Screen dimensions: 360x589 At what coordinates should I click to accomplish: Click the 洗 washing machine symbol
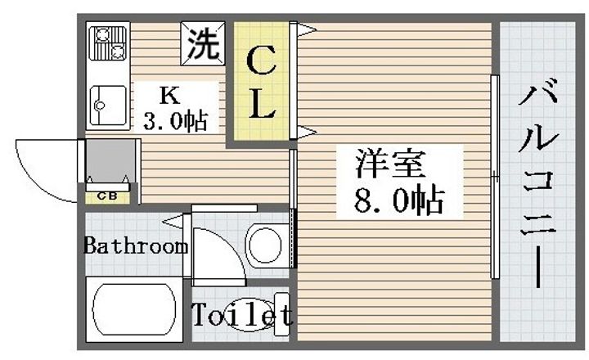(201, 43)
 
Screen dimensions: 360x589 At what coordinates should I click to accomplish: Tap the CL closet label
(259, 81)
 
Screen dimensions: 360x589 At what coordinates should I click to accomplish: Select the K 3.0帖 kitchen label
(173, 107)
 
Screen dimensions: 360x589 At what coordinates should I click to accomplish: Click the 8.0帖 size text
(398, 200)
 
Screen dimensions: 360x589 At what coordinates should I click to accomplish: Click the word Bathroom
(136, 245)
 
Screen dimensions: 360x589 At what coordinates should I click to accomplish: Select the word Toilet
(241, 315)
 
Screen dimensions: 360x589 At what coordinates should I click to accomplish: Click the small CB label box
(106, 196)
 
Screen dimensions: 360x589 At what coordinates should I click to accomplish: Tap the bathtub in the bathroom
(133, 308)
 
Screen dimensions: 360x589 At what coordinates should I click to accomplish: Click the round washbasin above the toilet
(265, 243)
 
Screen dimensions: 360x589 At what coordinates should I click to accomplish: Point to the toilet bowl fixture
(254, 314)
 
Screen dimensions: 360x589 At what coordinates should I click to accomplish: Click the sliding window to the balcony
(494, 176)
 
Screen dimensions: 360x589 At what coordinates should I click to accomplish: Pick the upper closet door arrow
(304, 31)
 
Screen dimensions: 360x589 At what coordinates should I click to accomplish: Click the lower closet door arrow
(304, 131)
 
